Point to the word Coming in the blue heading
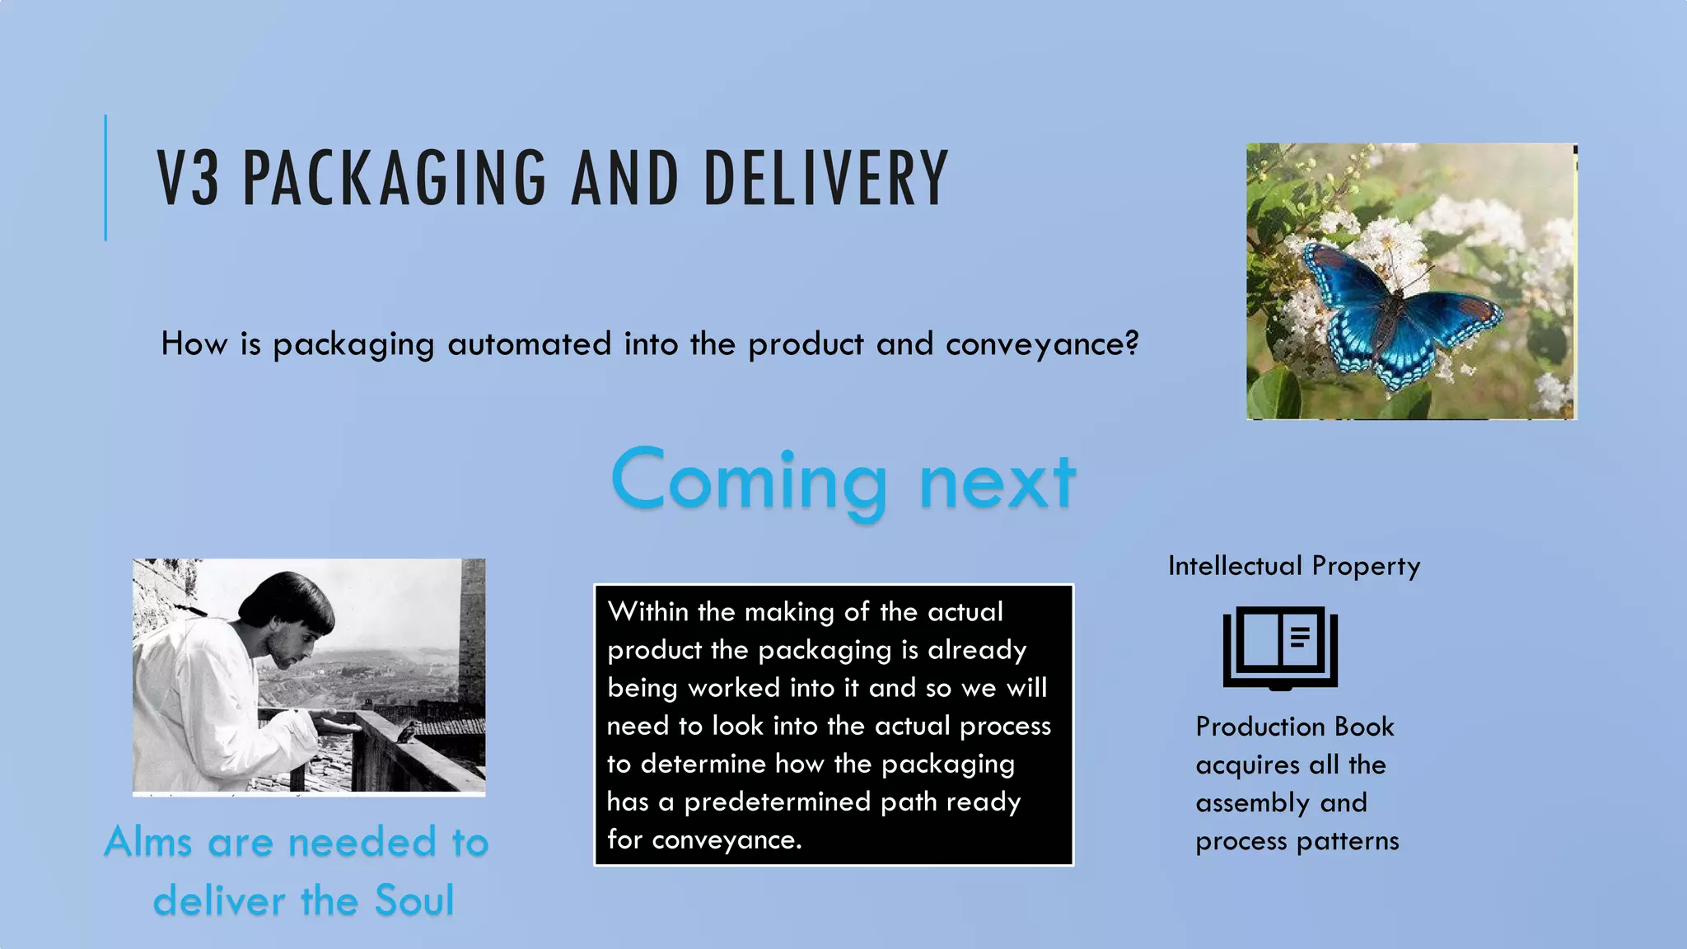tap(749, 481)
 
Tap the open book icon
tap(1280, 647)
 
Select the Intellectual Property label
tap(1294, 566)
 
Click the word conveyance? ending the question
tap(1042, 344)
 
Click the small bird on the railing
tap(409, 730)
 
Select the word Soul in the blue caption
tap(414, 900)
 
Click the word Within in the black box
tap(647, 611)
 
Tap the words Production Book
tap(1295, 727)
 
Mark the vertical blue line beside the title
tap(105, 178)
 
